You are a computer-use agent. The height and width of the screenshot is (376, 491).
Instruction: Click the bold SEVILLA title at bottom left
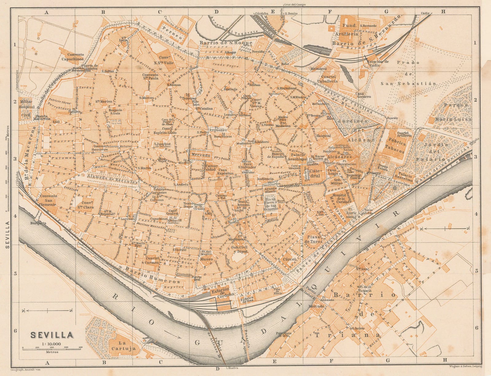52,335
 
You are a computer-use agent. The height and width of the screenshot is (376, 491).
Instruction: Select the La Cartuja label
123,346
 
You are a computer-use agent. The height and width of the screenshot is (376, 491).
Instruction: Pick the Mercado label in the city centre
201,156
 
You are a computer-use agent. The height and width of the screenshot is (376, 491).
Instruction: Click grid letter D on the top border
216,12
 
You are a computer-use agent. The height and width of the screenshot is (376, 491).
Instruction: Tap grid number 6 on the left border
14,331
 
